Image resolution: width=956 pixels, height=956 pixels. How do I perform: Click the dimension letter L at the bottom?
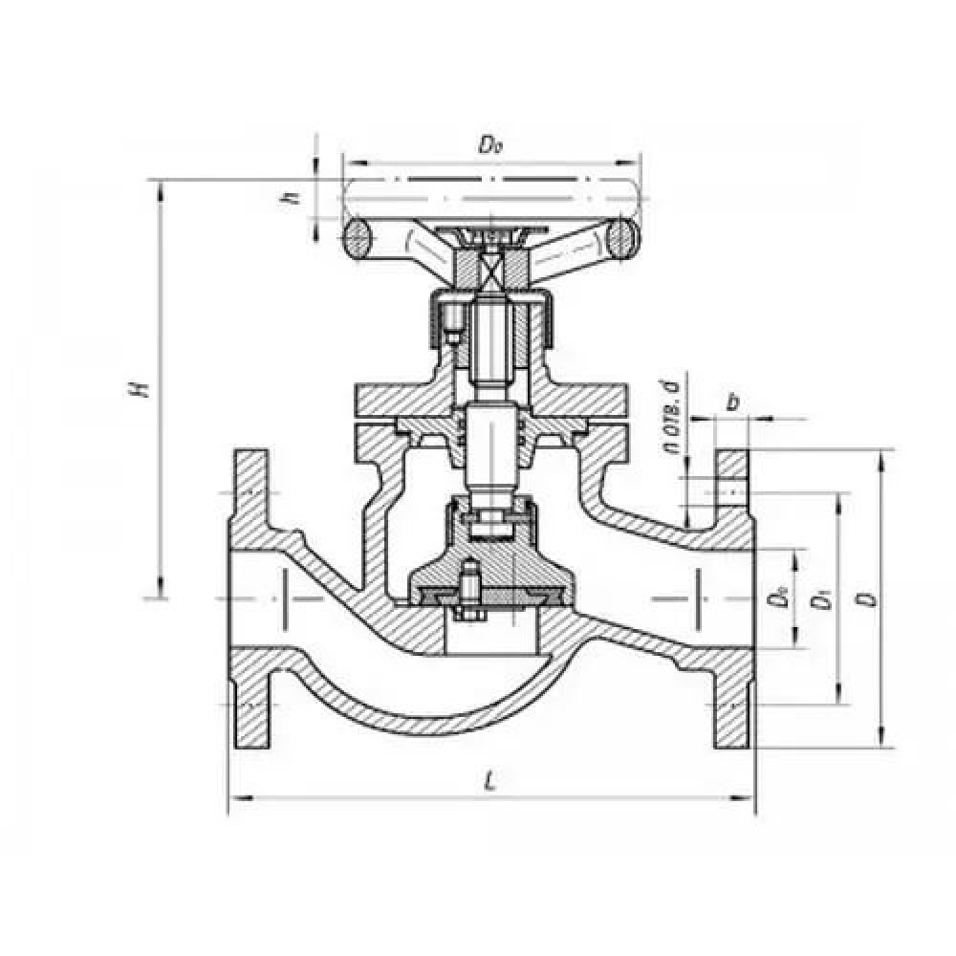point(490,780)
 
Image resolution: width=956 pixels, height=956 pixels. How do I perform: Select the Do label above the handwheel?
point(490,146)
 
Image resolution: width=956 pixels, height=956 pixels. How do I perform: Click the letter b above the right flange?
point(732,402)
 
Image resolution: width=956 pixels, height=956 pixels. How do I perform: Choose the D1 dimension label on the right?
point(819,601)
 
